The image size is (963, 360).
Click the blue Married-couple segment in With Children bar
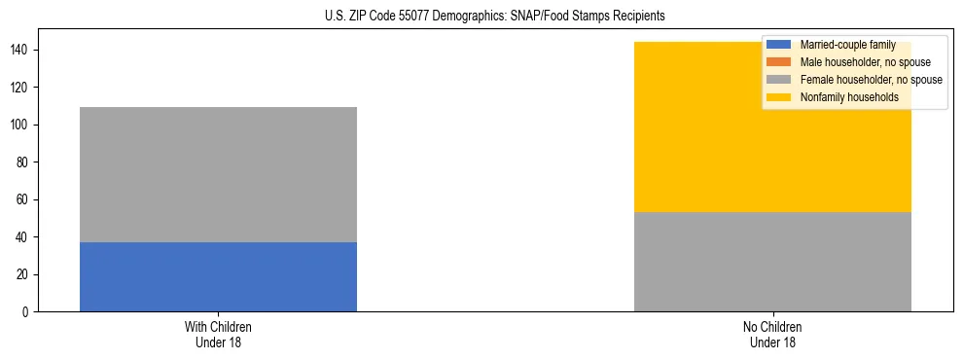(218, 277)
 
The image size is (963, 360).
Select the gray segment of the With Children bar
(218, 174)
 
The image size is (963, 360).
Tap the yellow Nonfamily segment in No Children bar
(772, 136)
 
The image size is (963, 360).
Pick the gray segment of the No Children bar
(772, 262)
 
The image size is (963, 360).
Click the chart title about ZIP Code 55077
(495, 17)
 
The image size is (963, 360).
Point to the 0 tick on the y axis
(28, 312)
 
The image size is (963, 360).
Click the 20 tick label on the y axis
(25, 274)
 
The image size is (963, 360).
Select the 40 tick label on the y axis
(25, 237)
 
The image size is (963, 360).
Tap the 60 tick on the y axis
(25, 199)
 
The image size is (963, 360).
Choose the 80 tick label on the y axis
(25, 162)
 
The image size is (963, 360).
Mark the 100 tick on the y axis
(22, 125)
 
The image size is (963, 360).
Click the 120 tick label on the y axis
(22, 88)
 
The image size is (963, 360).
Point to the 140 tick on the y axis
(22, 50)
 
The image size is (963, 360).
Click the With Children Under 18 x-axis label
(218, 334)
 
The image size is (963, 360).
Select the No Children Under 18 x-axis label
(772, 334)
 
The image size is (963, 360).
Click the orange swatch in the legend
(779, 62)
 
